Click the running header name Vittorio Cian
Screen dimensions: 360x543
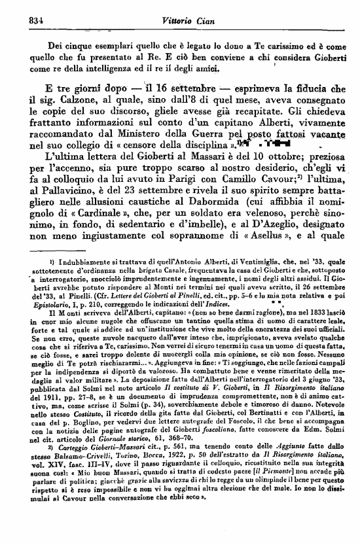180,21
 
